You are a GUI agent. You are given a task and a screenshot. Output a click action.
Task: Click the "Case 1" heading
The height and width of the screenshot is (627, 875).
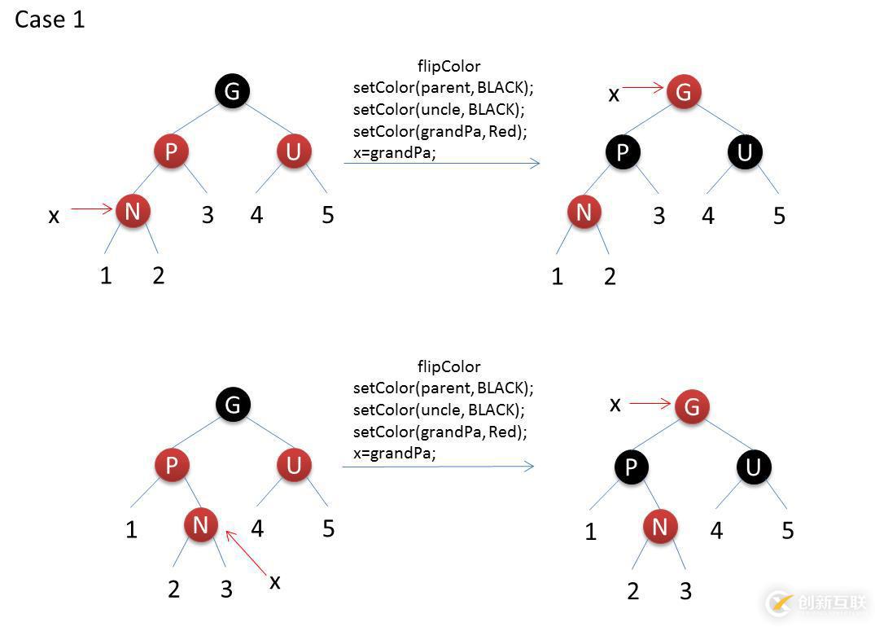click(x=50, y=20)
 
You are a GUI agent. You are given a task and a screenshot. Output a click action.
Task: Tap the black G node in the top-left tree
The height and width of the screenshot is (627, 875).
click(x=232, y=90)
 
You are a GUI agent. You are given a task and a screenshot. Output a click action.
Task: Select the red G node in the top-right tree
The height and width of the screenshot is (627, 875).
click(x=684, y=92)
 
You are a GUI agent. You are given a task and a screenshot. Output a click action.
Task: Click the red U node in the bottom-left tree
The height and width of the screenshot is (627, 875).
click(x=294, y=465)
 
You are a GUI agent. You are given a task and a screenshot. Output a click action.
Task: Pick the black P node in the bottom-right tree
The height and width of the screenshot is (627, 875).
click(x=632, y=467)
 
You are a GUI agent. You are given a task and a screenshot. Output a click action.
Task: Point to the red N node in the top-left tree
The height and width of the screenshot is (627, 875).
click(x=133, y=212)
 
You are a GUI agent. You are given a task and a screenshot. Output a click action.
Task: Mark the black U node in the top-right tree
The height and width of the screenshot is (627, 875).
click(x=745, y=152)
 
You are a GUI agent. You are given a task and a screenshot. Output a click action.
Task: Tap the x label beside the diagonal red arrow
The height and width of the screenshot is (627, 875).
click(x=275, y=581)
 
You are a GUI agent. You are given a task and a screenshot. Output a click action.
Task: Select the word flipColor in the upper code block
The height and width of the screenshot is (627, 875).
click(x=448, y=66)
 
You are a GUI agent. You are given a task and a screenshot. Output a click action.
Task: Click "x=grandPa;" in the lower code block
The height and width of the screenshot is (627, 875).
click(x=395, y=454)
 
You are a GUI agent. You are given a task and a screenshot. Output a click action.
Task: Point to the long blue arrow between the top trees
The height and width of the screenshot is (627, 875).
click(x=442, y=164)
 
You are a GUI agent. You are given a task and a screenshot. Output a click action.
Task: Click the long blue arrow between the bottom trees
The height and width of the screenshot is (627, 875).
click(x=438, y=467)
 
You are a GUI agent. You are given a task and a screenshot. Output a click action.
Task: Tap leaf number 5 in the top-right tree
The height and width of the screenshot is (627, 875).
click(x=779, y=216)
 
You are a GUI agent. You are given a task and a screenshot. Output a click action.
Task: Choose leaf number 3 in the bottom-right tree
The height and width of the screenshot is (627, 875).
click(x=685, y=591)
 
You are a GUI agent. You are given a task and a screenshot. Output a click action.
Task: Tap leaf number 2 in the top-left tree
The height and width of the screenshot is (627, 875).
click(x=158, y=276)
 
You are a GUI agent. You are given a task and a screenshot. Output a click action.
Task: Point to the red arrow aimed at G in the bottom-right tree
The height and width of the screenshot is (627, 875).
click(x=650, y=403)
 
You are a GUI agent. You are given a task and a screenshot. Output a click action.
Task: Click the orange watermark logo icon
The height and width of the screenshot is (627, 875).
click(x=779, y=603)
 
